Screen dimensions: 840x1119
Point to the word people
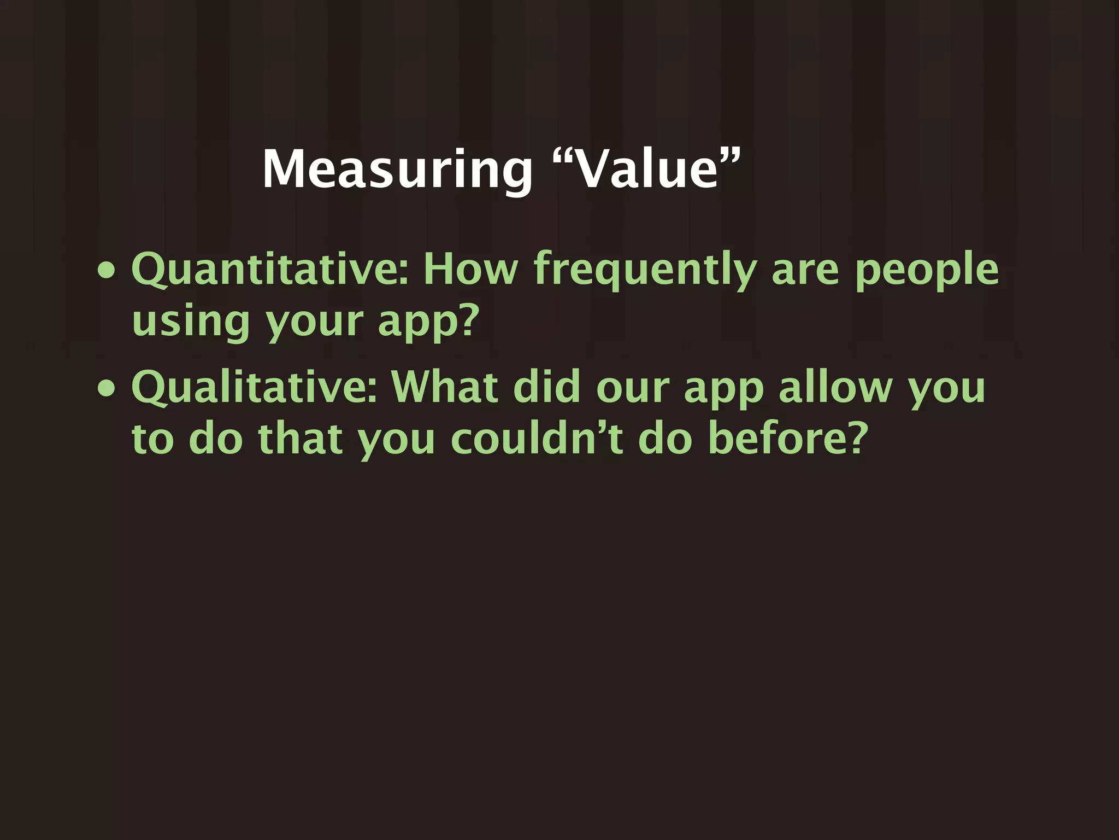[x=927, y=270]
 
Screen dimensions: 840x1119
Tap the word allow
[x=835, y=387]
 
